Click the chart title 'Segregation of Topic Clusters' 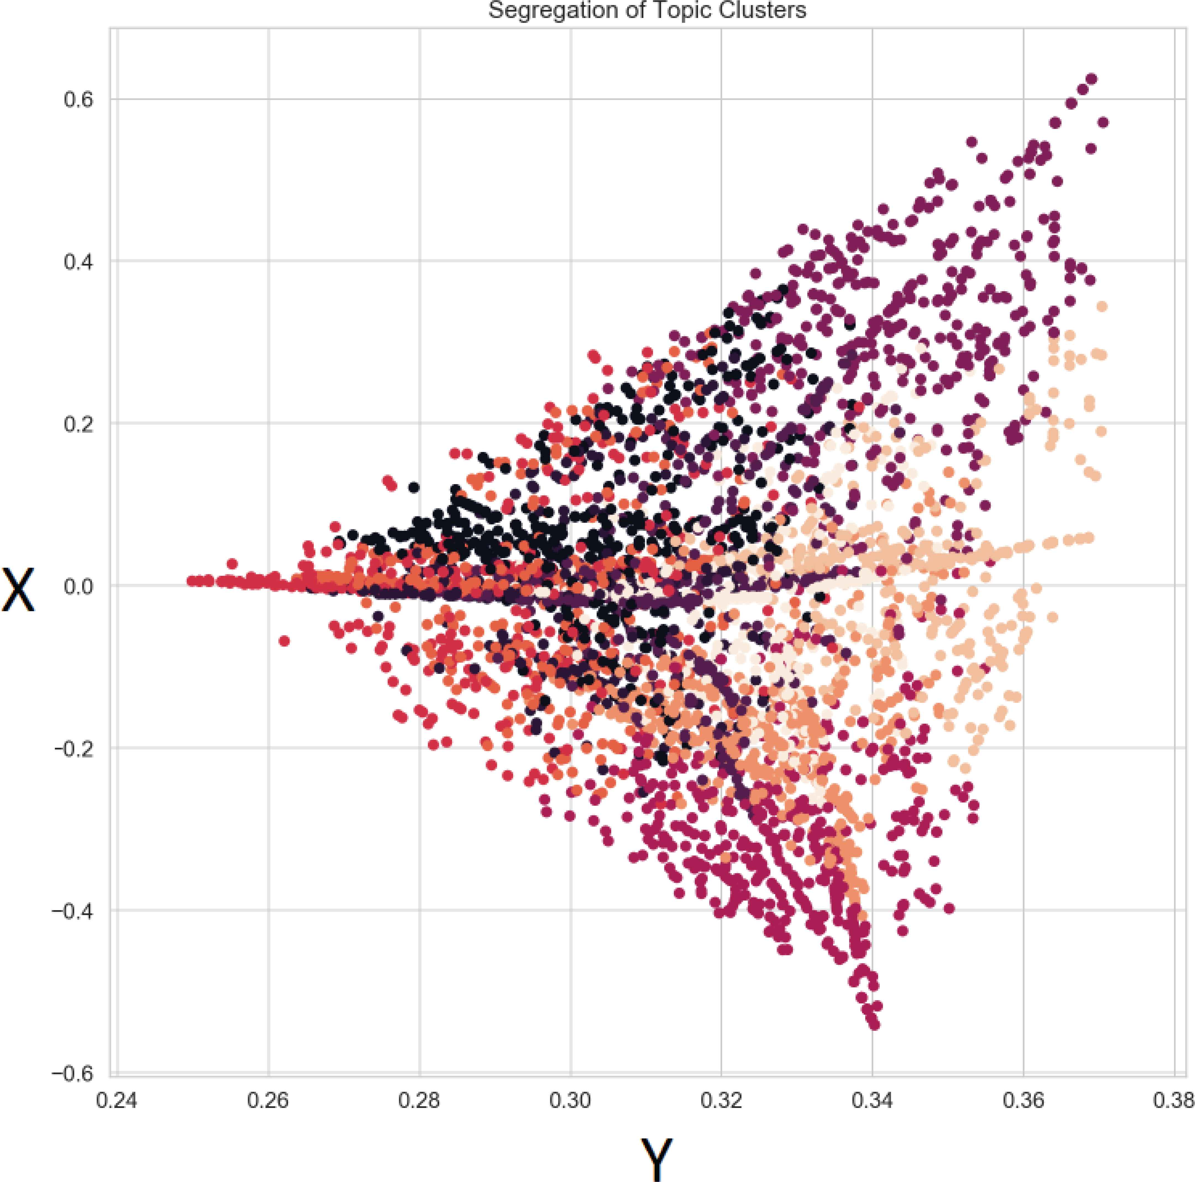coord(647,10)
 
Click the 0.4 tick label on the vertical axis coord(78,262)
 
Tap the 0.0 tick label coord(78,586)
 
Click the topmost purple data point coord(1092,78)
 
